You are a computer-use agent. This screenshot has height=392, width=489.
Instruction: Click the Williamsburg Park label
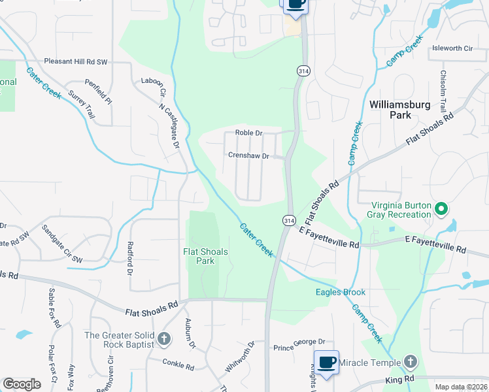[390, 109]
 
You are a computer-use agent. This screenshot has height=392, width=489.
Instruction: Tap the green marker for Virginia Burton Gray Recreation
[441, 209]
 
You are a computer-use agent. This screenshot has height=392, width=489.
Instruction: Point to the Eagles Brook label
[341, 292]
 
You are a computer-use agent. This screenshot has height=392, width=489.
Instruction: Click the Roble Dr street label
[248, 133]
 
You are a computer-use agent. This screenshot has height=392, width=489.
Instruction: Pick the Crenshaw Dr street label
[248, 156]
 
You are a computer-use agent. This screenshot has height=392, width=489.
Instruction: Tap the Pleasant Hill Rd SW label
[76, 61]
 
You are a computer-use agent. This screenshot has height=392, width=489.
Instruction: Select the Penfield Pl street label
[98, 92]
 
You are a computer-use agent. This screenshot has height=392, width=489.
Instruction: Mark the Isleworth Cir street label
[452, 49]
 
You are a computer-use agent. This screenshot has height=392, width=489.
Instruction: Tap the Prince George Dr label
[299, 342]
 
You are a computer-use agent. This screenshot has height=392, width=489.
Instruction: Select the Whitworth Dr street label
[239, 357]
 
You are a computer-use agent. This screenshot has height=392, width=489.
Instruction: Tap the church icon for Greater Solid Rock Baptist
[163, 339]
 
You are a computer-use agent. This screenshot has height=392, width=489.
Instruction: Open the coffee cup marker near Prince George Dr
[326, 361]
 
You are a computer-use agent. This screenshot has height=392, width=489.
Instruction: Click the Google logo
[22, 384]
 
